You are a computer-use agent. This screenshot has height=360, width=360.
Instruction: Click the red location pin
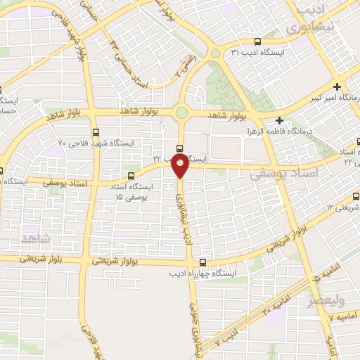coord(181,165)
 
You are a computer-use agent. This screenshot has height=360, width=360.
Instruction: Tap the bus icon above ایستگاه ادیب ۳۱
coord(258,41)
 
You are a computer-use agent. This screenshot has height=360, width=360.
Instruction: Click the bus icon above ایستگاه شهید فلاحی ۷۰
coord(96,131)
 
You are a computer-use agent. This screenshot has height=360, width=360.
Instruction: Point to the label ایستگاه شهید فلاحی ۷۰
coord(96,143)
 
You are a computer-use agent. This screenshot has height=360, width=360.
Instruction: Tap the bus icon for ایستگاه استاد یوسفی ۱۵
coord(130,176)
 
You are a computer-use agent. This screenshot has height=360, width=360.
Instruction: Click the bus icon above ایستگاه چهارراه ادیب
coord(202,262)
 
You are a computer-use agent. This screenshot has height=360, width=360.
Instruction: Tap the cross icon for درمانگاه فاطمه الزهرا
coord(280,120)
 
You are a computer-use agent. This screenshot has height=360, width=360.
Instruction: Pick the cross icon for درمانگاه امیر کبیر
coord(338,87)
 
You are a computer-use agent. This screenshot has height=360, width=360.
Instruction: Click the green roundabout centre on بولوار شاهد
coord(182,112)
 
